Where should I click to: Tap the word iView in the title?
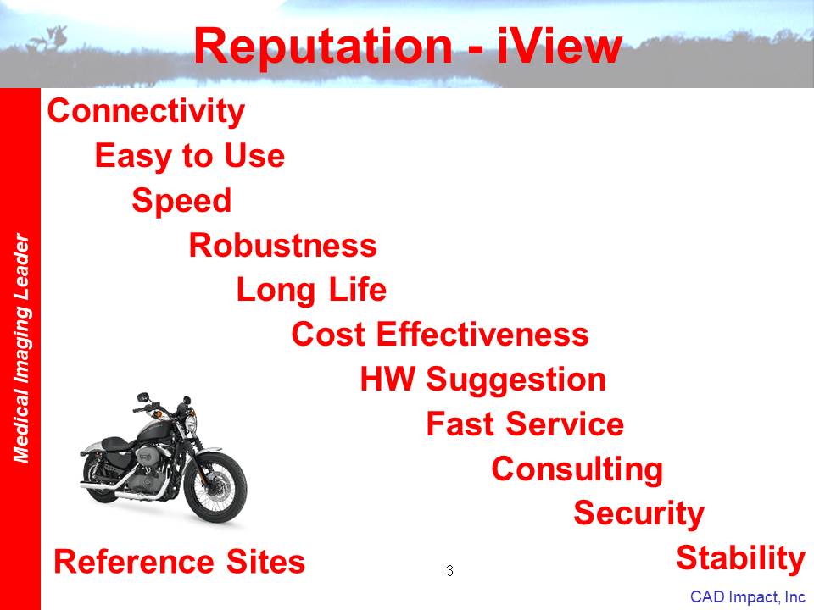(x=560, y=46)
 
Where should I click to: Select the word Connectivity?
(x=146, y=112)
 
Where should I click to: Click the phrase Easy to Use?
(x=190, y=156)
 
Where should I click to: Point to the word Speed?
(x=181, y=202)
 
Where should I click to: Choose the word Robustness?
(x=283, y=246)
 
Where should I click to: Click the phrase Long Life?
(x=311, y=290)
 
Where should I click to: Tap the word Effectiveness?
(x=482, y=334)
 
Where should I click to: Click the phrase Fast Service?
(x=525, y=424)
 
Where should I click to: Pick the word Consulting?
(x=577, y=469)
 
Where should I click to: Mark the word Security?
(x=639, y=514)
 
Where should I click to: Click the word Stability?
(x=741, y=558)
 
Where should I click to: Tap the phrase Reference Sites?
(x=180, y=562)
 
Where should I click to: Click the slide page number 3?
(x=449, y=570)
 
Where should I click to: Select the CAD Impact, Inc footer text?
(x=748, y=597)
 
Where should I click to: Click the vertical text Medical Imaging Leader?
(x=20, y=348)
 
